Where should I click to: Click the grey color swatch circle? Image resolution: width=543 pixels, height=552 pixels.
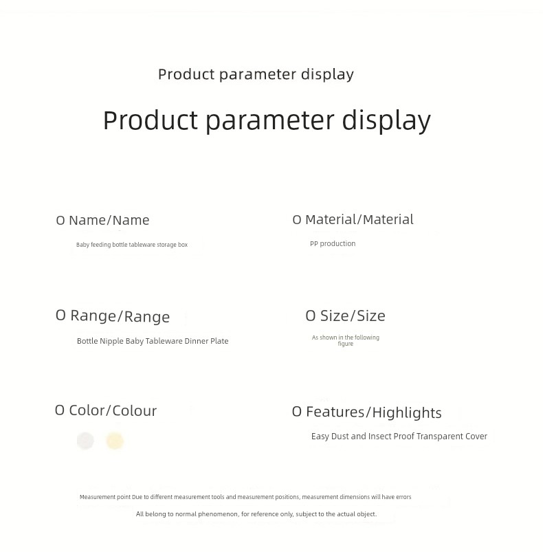click(85, 441)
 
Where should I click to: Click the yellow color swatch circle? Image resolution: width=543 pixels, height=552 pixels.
click(115, 441)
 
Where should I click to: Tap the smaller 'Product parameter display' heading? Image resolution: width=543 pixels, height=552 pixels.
click(256, 74)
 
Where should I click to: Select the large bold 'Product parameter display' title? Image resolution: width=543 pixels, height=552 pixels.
click(267, 120)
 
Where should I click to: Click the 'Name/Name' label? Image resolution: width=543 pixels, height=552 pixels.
click(109, 221)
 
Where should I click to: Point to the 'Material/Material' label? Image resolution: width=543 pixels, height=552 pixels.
click(359, 220)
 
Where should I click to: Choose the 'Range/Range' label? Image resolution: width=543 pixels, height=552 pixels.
click(120, 316)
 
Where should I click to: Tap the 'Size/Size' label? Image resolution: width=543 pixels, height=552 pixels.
click(353, 316)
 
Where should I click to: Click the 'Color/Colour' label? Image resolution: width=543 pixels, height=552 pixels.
click(113, 410)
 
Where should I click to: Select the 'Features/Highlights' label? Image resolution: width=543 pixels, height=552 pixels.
click(374, 412)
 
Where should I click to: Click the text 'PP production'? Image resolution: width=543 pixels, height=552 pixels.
click(333, 243)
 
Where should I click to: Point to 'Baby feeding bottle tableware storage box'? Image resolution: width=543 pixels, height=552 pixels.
click(132, 245)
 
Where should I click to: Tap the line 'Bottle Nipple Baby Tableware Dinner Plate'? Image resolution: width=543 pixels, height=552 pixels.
click(153, 341)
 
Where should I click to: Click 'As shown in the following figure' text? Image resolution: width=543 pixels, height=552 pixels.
click(346, 340)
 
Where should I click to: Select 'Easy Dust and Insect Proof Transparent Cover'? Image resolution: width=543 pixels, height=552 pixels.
click(399, 437)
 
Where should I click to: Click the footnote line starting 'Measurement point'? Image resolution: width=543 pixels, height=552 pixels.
click(245, 497)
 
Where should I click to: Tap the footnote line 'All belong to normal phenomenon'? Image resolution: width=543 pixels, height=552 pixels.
click(256, 514)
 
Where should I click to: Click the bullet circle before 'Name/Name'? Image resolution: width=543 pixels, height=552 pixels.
click(60, 221)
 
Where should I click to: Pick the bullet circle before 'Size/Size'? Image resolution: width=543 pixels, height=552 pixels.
click(311, 316)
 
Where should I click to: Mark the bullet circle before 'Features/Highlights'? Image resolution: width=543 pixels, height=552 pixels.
click(297, 412)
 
